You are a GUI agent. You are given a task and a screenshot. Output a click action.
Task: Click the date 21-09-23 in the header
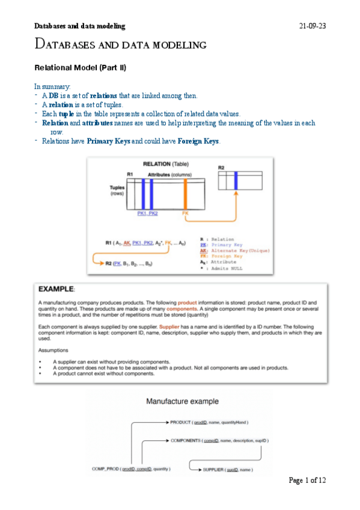pyautogui.click(x=313, y=26)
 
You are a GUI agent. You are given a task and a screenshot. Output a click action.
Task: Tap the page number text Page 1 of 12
pyautogui.click(x=307, y=480)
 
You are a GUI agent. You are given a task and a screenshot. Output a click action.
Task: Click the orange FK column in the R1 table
pyautogui.click(x=185, y=194)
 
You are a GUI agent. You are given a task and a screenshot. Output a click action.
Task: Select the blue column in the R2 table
pyautogui.click(x=236, y=180)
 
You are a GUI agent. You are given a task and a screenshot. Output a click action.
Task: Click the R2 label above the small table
pyautogui.click(x=221, y=167)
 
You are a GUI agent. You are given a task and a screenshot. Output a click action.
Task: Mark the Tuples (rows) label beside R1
pyautogui.click(x=111, y=190)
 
